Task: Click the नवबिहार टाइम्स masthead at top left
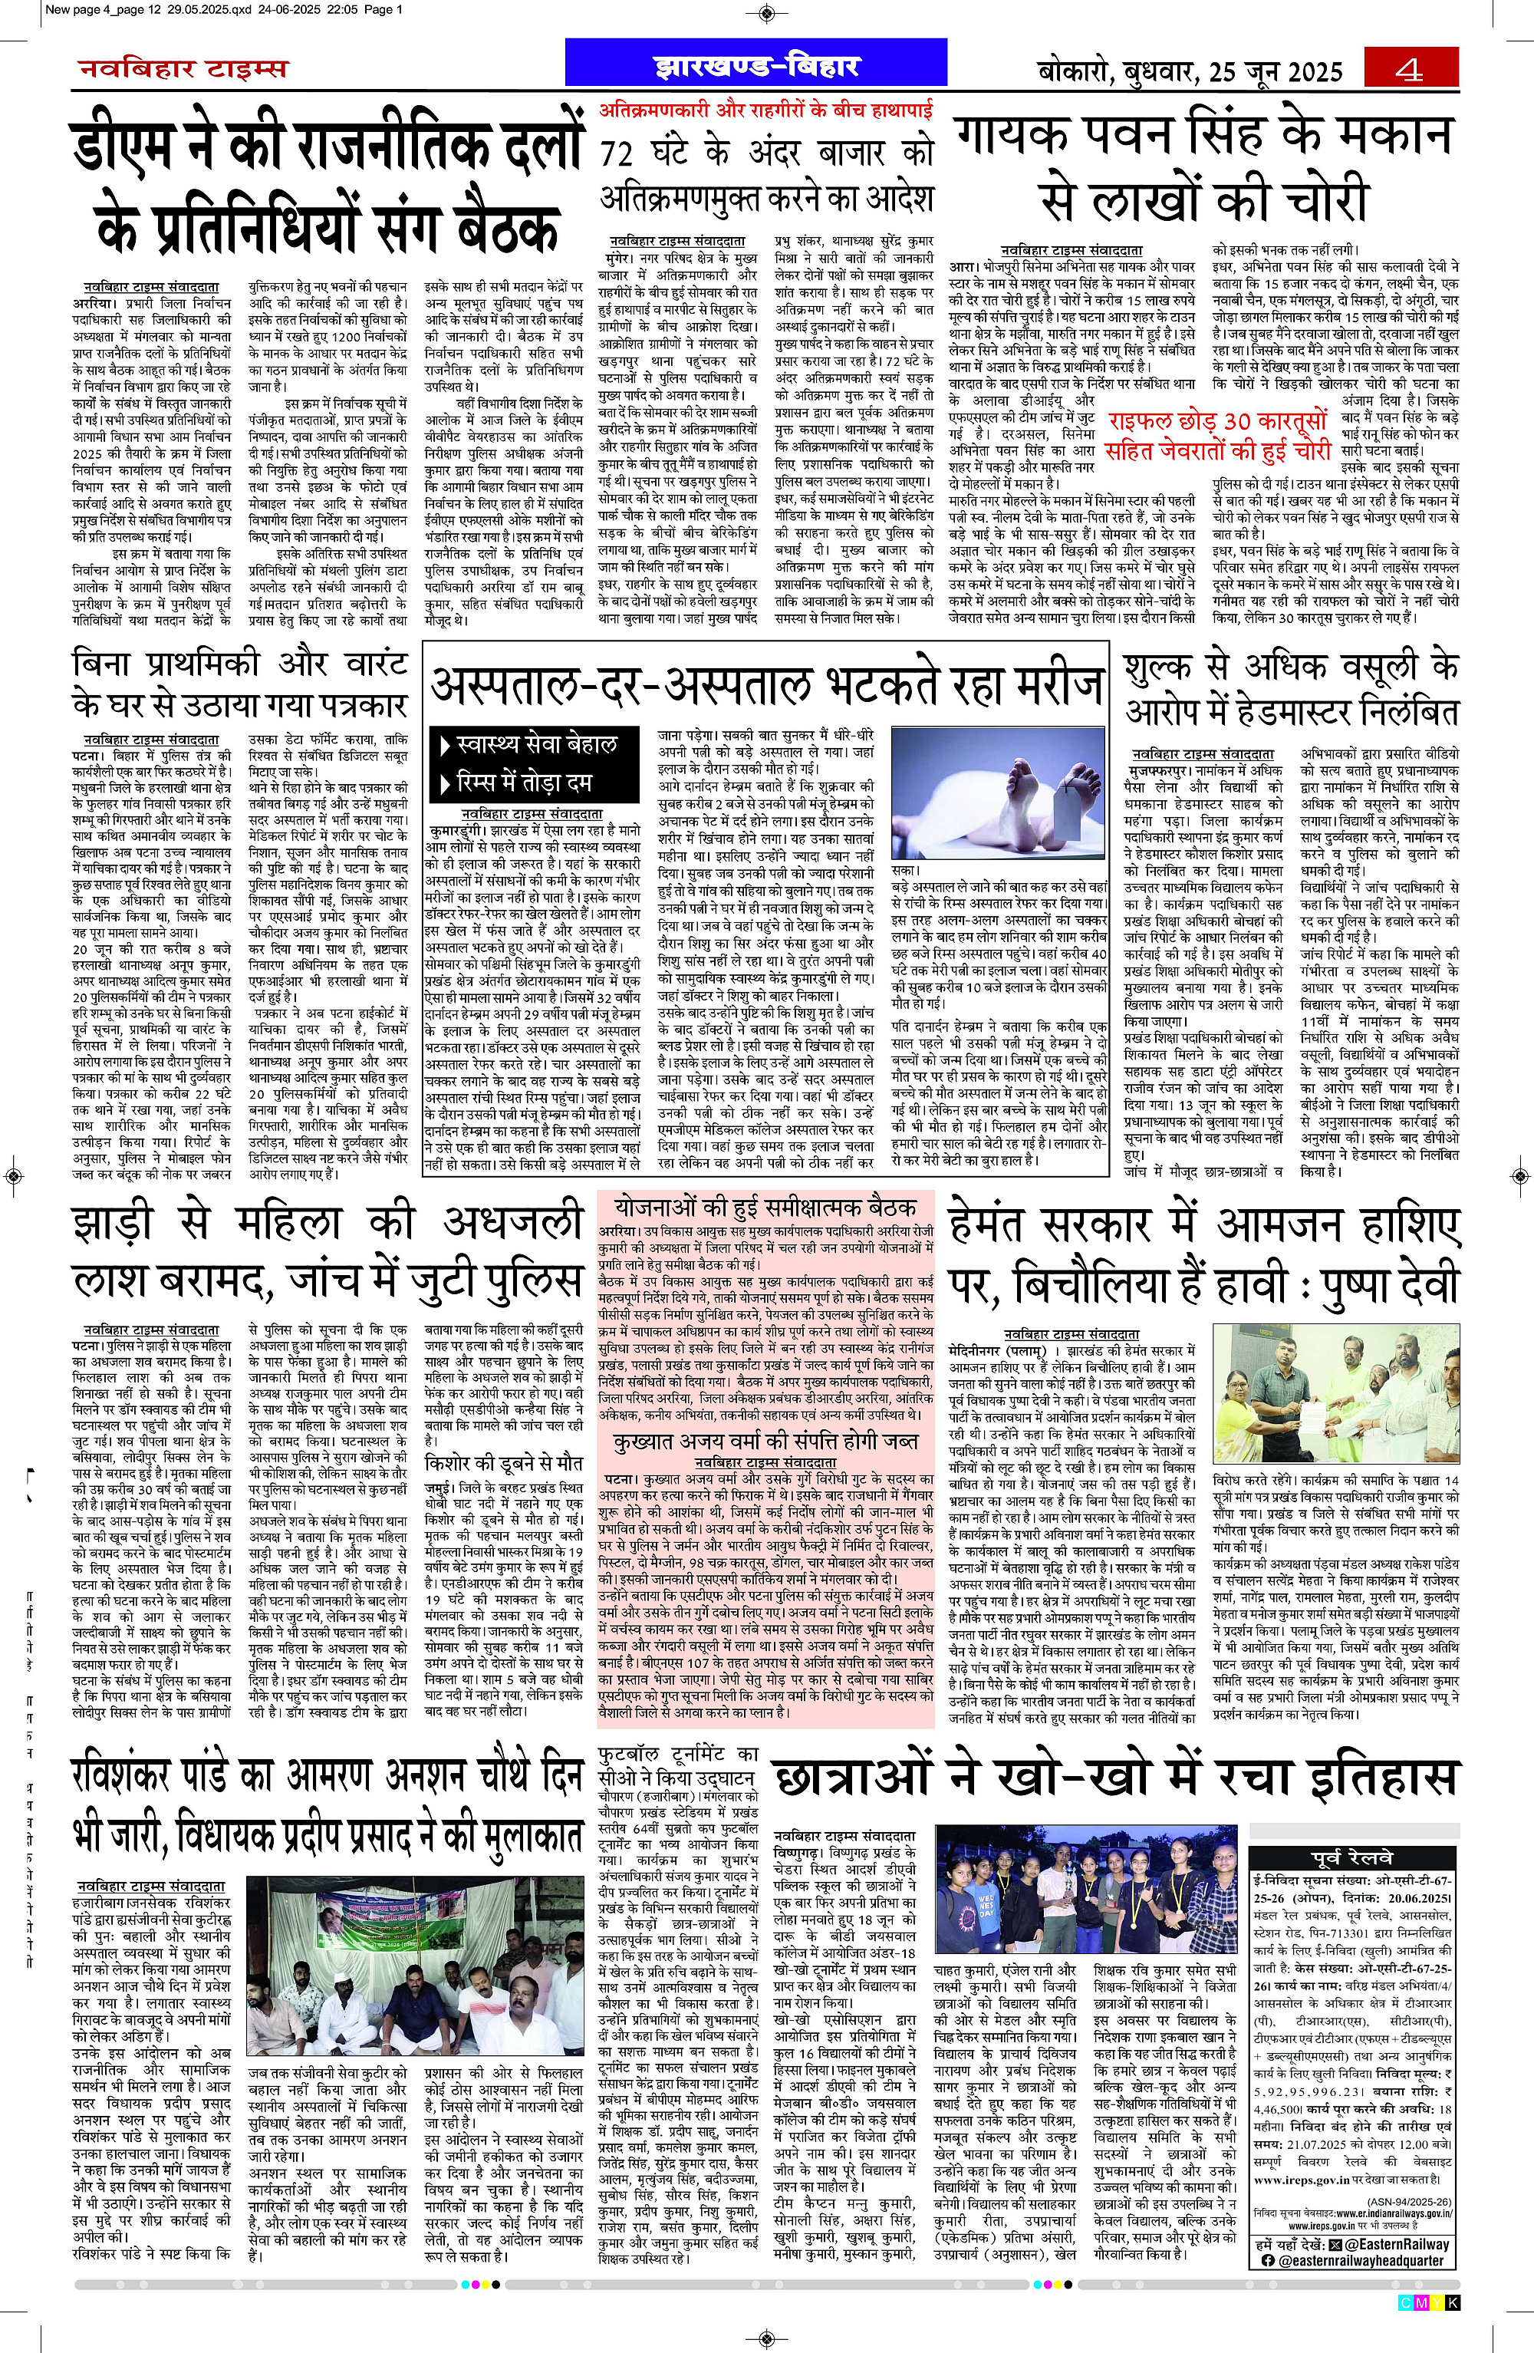tap(184, 68)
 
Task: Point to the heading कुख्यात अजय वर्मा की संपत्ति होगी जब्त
tap(765, 1442)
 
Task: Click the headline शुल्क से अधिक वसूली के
tap(1291, 668)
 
